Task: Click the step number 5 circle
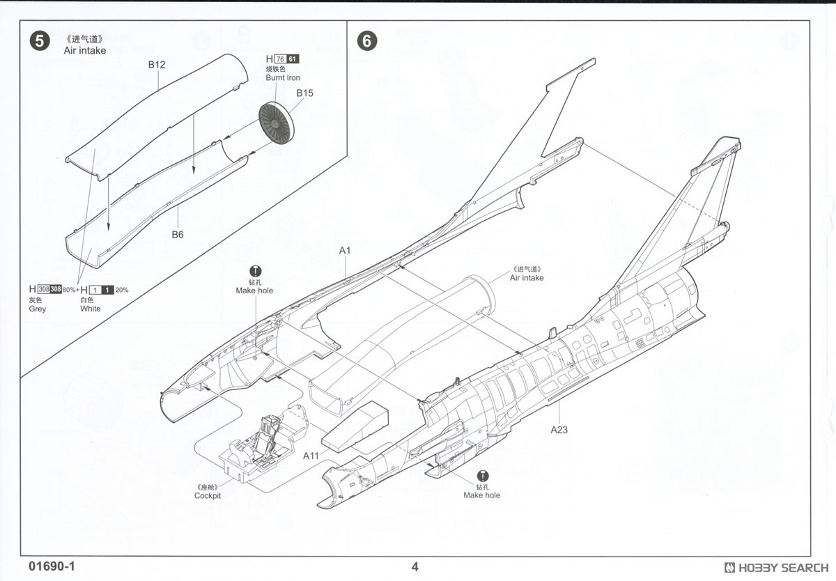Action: pyautogui.click(x=40, y=41)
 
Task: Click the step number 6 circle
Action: pyautogui.click(x=366, y=41)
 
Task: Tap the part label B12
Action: pyautogui.click(x=157, y=65)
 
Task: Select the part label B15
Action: pyautogui.click(x=305, y=93)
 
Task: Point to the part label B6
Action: pyautogui.click(x=178, y=235)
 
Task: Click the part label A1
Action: pyautogui.click(x=346, y=250)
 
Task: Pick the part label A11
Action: pyautogui.click(x=311, y=455)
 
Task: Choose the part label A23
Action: pyautogui.click(x=559, y=429)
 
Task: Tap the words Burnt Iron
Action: pyautogui.click(x=283, y=78)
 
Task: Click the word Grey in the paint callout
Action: pyautogui.click(x=37, y=309)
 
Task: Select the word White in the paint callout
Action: pyautogui.click(x=91, y=309)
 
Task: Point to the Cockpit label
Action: pyautogui.click(x=208, y=495)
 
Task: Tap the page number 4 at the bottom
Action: pyautogui.click(x=415, y=566)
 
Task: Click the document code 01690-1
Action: pyautogui.click(x=52, y=566)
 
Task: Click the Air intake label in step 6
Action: pyautogui.click(x=527, y=278)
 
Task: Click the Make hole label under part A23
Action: pyautogui.click(x=482, y=495)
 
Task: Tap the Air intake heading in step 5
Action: pyautogui.click(x=84, y=51)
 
